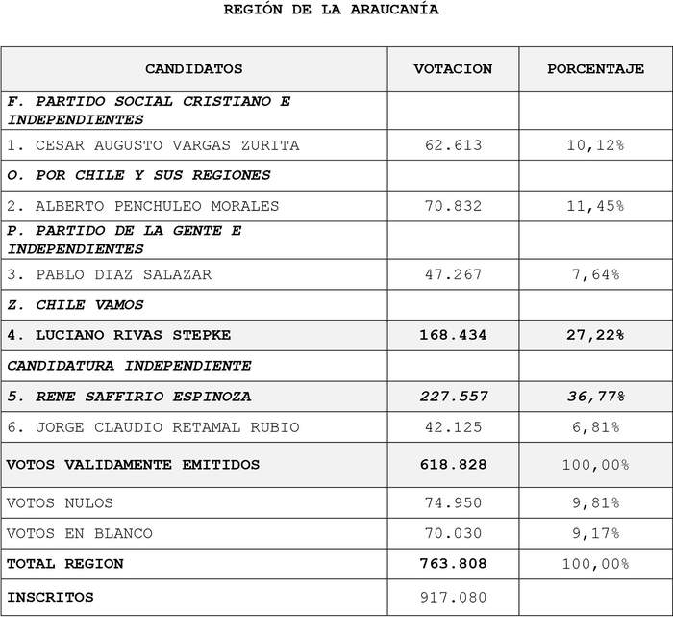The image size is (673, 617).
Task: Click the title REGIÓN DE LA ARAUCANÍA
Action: click(x=331, y=10)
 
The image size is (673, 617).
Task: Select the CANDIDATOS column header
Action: click(x=193, y=69)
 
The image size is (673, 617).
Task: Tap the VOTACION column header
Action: click(x=453, y=69)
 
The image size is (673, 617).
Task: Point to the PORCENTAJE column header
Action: click(x=595, y=69)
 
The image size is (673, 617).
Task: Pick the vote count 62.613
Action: click(x=453, y=145)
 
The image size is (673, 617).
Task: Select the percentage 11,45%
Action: click(x=595, y=206)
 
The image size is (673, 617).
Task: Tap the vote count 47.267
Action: click(x=453, y=274)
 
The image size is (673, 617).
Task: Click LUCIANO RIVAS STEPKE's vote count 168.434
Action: click(x=453, y=335)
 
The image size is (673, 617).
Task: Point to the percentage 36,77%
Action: click(x=595, y=396)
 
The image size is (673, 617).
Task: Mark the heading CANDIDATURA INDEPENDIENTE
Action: click(x=129, y=366)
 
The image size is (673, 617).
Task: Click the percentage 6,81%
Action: click(x=595, y=426)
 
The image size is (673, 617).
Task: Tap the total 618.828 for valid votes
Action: click(x=453, y=464)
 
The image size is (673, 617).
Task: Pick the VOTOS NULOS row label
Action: click(x=60, y=502)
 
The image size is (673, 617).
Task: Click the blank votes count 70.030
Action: click(x=453, y=533)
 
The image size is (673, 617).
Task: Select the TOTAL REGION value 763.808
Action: click(x=453, y=563)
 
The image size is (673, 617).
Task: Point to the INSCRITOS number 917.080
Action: click(x=453, y=597)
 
